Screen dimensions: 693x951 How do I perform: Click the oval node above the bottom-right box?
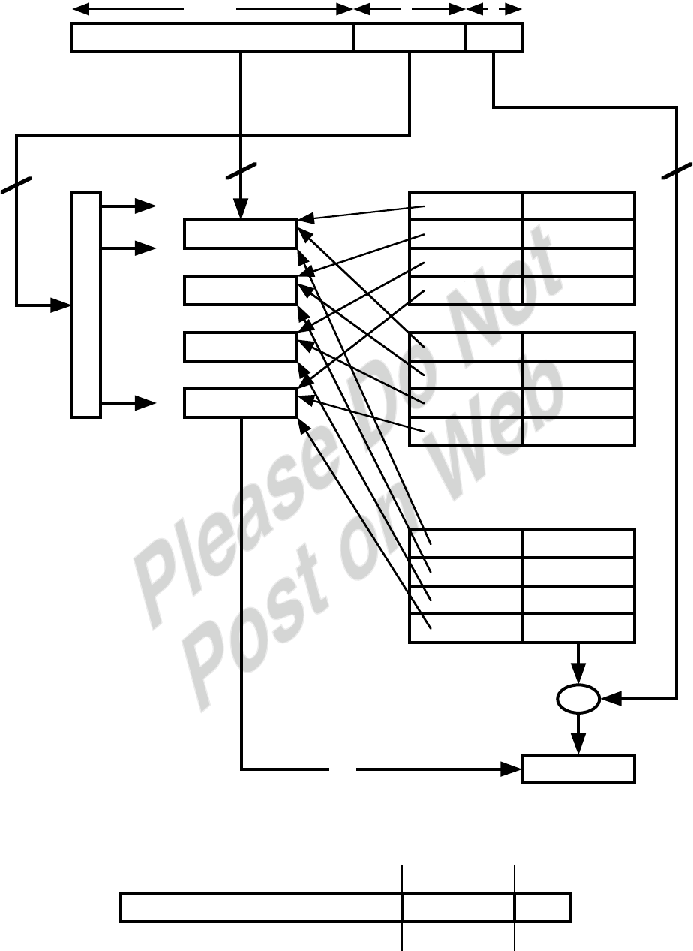[578, 700]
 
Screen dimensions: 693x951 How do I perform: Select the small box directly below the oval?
[578, 769]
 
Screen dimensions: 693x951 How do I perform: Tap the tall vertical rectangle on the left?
[86, 304]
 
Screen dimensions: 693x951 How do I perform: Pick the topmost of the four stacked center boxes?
[241, 234]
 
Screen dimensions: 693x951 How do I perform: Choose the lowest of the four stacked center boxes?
[241, 403]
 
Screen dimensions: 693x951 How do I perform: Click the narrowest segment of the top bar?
[493, 38]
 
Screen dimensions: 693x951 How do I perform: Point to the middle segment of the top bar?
[409, 38]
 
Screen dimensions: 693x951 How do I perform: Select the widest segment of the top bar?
[212, 38]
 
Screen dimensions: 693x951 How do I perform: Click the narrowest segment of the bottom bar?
[543, 907]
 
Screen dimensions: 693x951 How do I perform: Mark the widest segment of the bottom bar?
[261, 907]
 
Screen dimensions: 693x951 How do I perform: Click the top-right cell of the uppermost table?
[578, 206]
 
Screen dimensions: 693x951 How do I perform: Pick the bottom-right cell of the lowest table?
[578, 628]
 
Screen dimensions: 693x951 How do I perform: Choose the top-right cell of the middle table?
[578, 346]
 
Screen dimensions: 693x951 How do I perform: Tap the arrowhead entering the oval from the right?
[609, 700]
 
